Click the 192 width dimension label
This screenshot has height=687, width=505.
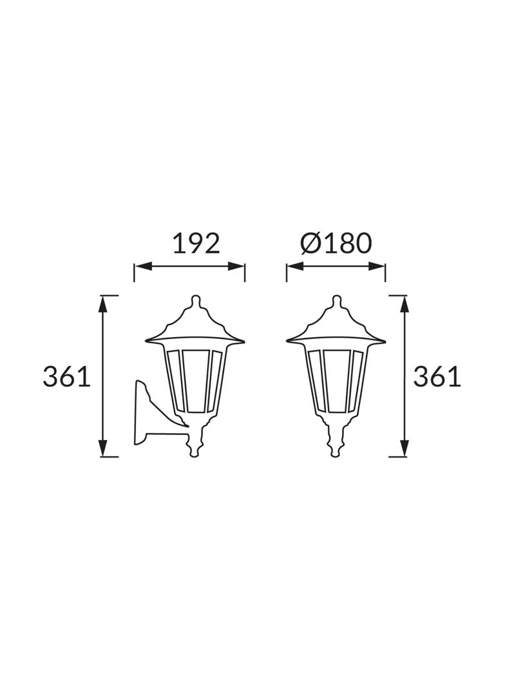(x=196, y=244)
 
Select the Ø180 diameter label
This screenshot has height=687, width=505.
(x=336, y=244)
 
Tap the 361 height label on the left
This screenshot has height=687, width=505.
(x=66, y=377)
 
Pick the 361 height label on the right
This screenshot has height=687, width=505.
(x=437, y=377)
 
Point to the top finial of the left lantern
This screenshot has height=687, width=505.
(x=195, y=302)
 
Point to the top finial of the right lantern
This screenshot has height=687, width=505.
(x=336, y=302)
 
